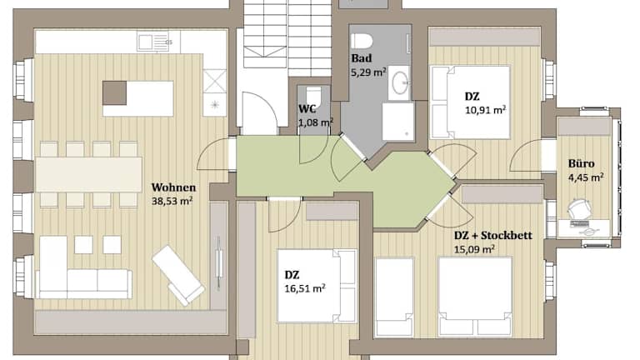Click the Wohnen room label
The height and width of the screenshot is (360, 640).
point(173,187)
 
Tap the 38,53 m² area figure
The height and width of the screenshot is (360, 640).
point(172,201)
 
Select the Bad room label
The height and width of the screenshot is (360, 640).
point(361,58)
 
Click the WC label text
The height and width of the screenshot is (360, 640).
point(307,109)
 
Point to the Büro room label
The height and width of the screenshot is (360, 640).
point(581,163)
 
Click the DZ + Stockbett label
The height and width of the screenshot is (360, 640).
point(493,236)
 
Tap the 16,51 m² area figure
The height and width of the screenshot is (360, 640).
point(305,288)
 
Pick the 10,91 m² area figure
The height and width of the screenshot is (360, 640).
point(486,110)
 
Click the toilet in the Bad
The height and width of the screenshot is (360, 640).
point(362,41)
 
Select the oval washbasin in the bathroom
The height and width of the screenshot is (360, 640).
point(399,82)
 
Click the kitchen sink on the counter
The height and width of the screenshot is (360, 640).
point(152,42)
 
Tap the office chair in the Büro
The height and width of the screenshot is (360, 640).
point(580,210)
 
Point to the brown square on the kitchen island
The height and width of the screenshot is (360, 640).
point(114,93)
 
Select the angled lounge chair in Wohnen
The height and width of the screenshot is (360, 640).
point(178,275)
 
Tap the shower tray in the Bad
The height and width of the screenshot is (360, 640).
point(398,121)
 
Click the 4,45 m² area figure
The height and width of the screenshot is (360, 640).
point(586,177)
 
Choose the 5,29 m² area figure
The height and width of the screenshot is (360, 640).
point(368,72)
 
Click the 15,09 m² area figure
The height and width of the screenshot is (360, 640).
point(474,249)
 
